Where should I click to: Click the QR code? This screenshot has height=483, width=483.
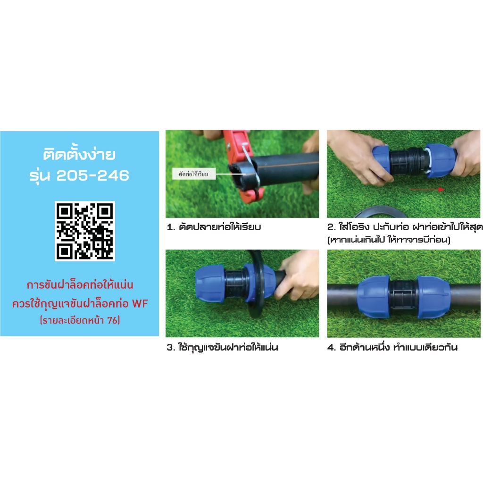pos(85,231)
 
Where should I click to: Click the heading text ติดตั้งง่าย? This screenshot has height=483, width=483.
pos(79,154)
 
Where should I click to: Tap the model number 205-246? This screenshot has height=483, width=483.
pos(93,175)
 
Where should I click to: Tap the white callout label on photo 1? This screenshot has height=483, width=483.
pos(194,174)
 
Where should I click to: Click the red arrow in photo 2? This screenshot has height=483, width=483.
pos(427,190)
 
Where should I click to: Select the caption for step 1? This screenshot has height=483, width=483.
pos(214,227)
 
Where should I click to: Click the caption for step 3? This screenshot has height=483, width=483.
pos(223,348)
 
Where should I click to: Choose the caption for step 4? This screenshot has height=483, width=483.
pos(392,348)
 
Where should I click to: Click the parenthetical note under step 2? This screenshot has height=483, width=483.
pos(389,240)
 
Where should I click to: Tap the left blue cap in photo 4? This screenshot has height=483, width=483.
pos(374,297)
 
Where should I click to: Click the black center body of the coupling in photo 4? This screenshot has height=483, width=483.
pos(404,297)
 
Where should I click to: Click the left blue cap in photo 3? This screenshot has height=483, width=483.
pos(210,283)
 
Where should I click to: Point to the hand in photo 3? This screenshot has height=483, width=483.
pos(297,275)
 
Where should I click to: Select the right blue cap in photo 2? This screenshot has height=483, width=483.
pos(441,160)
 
